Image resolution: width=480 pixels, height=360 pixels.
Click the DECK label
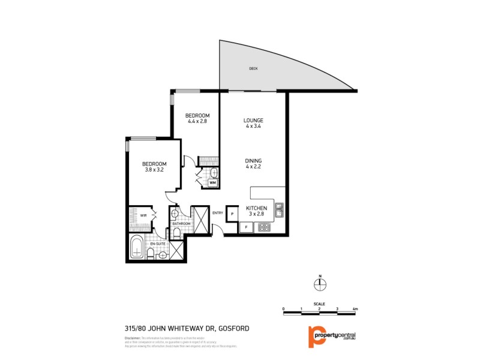[254, 69]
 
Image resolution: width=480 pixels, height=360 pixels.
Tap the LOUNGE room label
[253, 120]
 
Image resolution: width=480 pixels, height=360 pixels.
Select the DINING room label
[253, 160]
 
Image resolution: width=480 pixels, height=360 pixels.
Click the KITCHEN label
[256, 208]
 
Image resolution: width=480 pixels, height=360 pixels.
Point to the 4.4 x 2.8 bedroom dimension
[197, 121]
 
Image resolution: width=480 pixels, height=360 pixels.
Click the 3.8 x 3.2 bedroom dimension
[154, 170]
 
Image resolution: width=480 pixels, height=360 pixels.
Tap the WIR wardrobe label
[143, 216]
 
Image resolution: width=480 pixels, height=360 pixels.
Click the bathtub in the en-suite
[136, 248]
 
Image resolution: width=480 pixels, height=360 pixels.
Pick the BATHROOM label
[181, 224]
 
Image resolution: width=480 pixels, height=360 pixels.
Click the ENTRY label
[218, 212]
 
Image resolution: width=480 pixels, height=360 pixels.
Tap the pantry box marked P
[232, 213]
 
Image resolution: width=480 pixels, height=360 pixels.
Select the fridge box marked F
[245, 227]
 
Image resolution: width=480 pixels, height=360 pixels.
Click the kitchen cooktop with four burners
[263, 227]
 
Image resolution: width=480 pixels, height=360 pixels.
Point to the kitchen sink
[279, 209]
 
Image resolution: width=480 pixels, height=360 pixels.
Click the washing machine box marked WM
[212, 184]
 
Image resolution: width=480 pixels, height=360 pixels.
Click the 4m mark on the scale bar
[356, 309]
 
